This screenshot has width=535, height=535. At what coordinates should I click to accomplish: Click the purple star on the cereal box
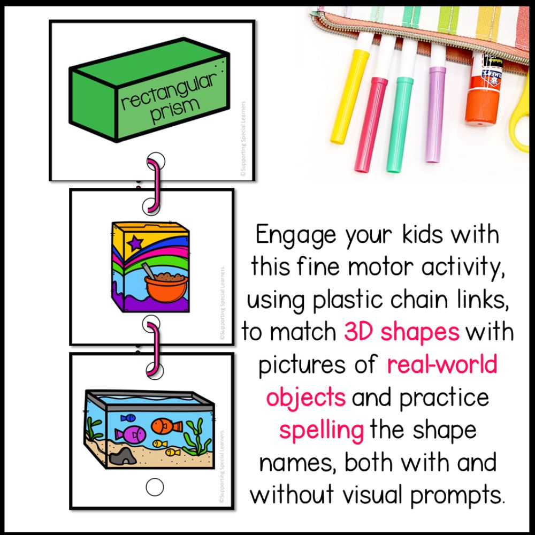point(135,243)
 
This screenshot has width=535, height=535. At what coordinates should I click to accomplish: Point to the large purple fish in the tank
point(131,434)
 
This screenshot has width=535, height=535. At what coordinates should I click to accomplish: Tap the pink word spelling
point(321,431)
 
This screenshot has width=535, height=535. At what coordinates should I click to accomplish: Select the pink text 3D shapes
point(401,332)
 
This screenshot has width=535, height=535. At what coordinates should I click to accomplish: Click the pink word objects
point(305,398)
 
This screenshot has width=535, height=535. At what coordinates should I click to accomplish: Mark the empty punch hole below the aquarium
point(155,487)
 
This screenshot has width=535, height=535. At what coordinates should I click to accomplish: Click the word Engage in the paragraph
point(296,235)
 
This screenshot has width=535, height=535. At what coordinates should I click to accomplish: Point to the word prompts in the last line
point(457,495)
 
